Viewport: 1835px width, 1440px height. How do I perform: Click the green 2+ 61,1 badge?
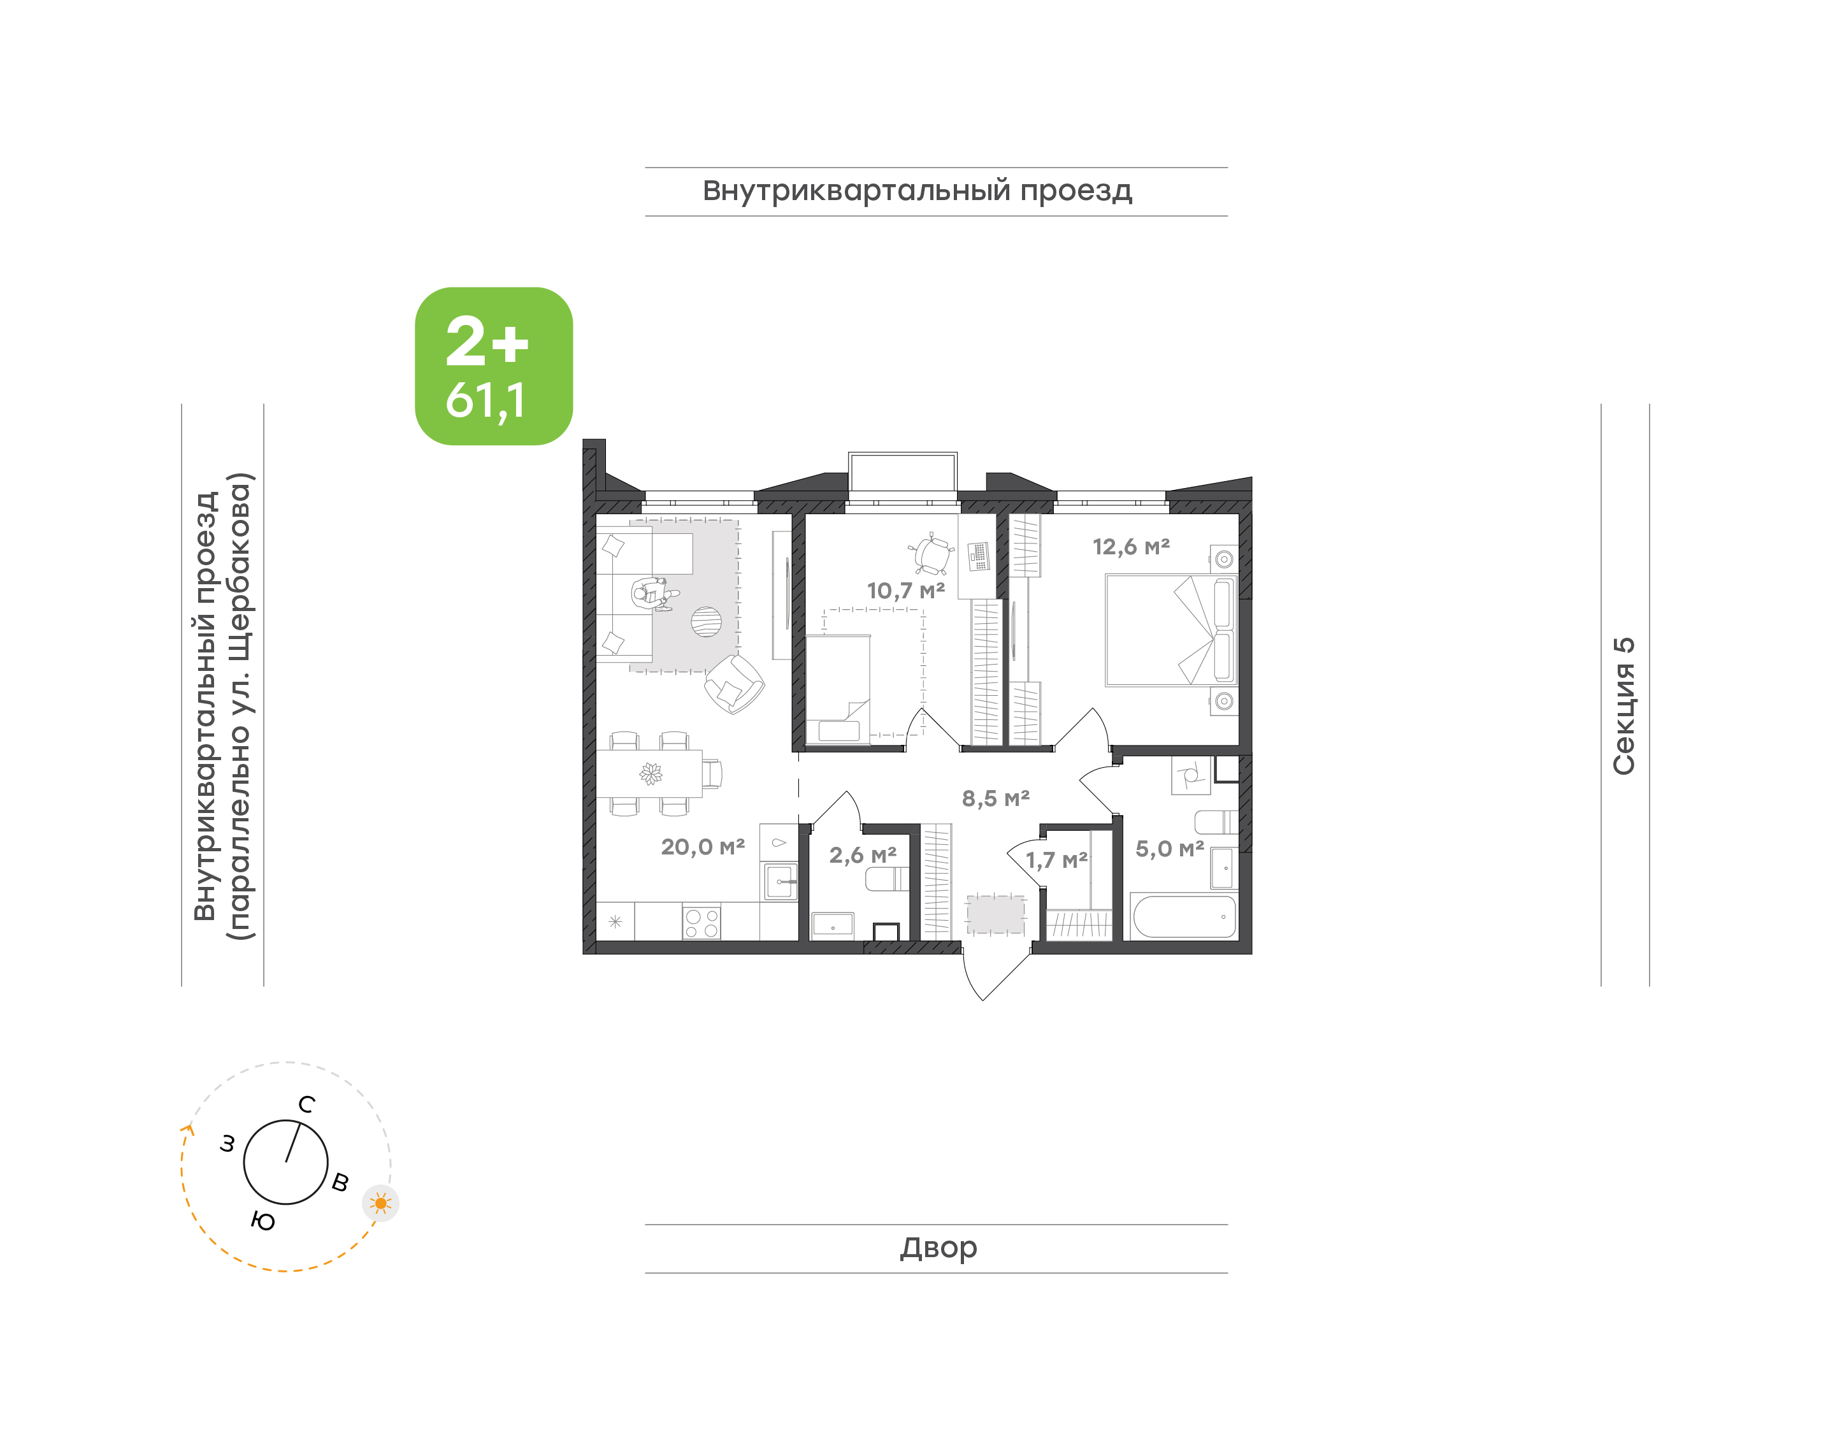[x=493, y=366]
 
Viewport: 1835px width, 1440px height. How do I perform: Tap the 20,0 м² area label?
[x=702, y=846]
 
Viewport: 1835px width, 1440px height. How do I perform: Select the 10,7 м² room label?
[x=905, y=590]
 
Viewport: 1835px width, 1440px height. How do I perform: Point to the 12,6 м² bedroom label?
[x=1131, y=546]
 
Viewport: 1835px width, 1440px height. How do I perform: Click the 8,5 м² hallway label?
[x=995, y=798]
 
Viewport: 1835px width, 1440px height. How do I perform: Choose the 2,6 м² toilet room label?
[x=862, y=855]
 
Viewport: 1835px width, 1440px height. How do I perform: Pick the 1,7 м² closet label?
[x=1056, y=860]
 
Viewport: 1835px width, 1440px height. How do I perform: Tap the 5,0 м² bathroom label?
[x=1169, y=848]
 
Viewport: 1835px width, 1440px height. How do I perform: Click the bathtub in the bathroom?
[x=1184, y=916]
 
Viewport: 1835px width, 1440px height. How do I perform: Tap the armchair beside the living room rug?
[x=734, y=684]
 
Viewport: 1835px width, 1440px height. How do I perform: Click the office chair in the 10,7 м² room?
[x=932, y=554]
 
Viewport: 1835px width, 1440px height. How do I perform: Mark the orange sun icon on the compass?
[x=381, y=1203]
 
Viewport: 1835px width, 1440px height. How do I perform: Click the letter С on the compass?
[x=307, y=1104]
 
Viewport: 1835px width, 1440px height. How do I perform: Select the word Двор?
[x=938, y=1248]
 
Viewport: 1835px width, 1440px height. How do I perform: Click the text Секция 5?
[x=1623, y=706]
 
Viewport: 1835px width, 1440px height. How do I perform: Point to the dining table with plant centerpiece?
[x=649, y=773]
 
